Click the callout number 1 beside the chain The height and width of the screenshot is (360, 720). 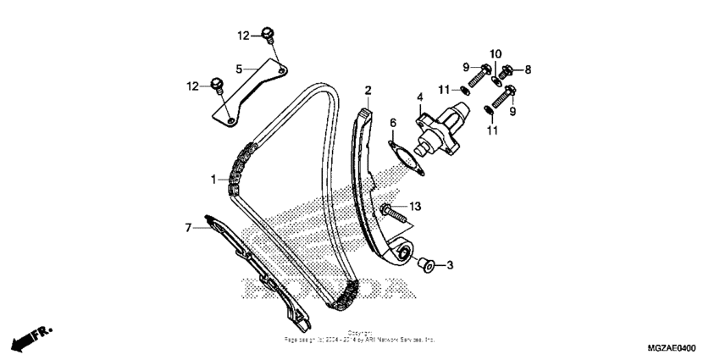[x=215, y=180]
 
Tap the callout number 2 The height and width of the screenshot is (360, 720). [x=368, y=91]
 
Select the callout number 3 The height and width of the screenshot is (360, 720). [x=450, y=265]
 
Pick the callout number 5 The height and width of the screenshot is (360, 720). [x=240, y=69]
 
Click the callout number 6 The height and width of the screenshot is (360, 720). [x=393, y=123]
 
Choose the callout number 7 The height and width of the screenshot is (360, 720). [x=189, y=226]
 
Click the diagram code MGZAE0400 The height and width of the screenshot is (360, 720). [x=672, y=348]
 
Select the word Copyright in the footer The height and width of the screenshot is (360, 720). [x=359, y=333]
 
